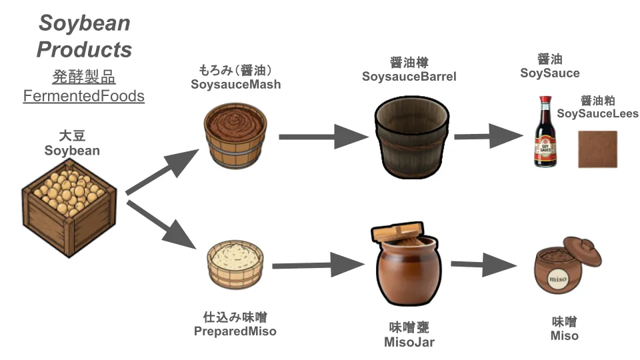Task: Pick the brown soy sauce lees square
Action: (x=597, y=149)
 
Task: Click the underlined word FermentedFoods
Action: (x=84, y=96)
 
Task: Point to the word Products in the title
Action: (x=84, y=49)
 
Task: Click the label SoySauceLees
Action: (x=597, y=113)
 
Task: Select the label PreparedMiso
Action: (x=235, y=331)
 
